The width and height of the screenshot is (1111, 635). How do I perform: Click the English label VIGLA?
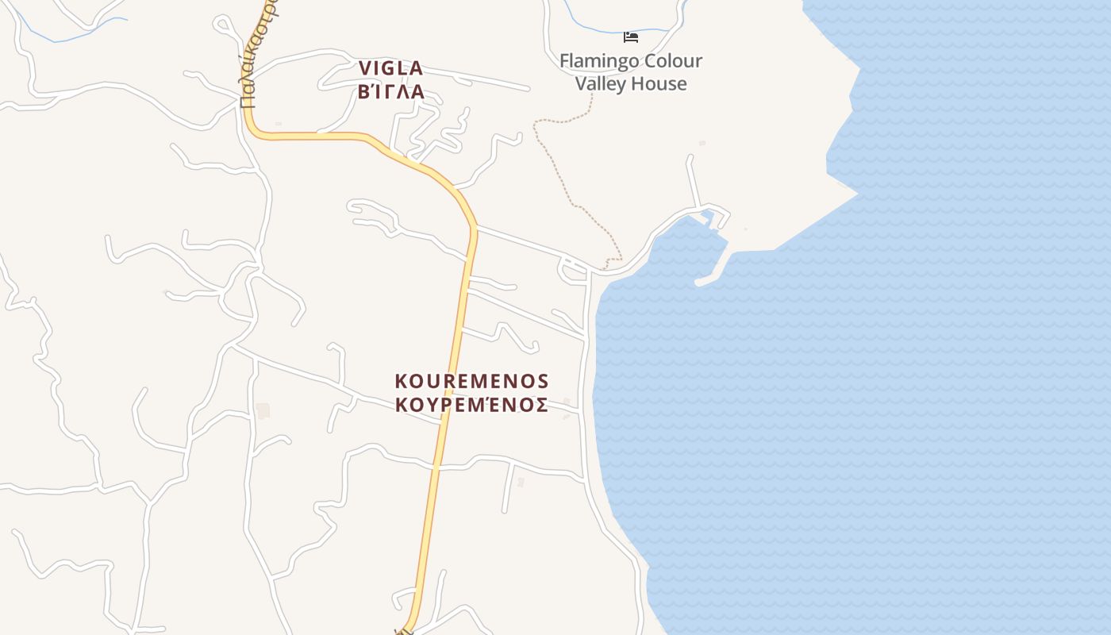point(390,68)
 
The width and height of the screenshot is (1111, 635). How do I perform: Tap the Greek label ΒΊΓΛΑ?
point(391,92)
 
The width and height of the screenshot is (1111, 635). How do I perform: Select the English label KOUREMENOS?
point(471,381)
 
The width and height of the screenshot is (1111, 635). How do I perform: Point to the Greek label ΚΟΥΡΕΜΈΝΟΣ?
point(471,405)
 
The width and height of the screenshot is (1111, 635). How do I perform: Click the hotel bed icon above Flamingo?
point(631,37)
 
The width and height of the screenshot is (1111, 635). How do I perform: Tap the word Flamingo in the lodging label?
point(597,61)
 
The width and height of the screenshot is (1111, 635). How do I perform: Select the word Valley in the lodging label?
point(602,83)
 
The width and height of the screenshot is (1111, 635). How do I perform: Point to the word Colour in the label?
point(671,61)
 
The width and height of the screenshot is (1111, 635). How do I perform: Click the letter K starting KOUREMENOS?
point(402,381)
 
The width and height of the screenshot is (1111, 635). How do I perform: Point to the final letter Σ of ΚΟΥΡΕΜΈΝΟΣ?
point(540,405)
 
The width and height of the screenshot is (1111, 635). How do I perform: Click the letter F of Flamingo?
point(564,61)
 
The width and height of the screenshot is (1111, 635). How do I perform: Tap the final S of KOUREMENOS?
point(542,381)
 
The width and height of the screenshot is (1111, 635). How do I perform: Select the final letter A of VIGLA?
point(415,68)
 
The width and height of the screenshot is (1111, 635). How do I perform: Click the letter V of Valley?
point(581,83)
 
